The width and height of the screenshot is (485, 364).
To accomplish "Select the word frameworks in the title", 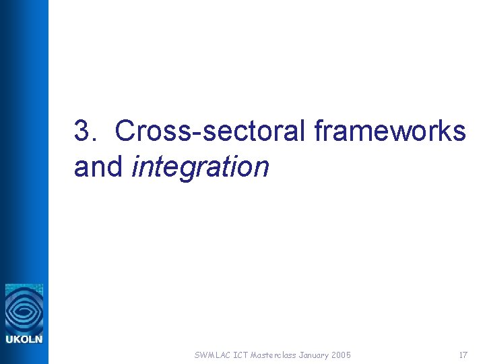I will (390, 131).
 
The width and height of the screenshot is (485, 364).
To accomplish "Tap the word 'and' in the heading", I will (98, 166).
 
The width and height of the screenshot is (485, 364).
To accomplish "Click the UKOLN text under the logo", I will (24, 339).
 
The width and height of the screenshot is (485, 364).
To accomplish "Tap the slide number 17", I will (463, 355).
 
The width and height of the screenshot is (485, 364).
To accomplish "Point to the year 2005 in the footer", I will (341, 355).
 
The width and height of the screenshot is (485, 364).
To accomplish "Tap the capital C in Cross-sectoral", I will (125, 131).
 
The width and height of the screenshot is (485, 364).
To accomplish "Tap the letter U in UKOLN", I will (9, 339).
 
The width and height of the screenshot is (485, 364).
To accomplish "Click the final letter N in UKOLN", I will (38, 339).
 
